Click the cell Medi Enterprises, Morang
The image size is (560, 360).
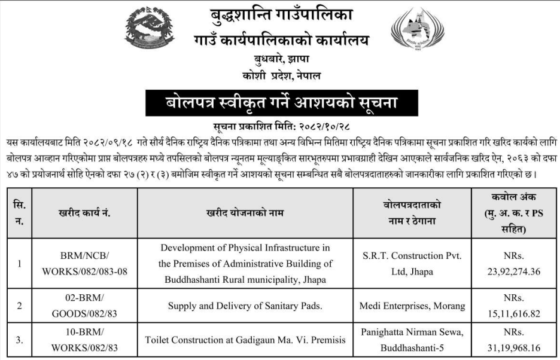coord(412,306)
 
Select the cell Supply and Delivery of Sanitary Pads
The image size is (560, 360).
coord(245,306)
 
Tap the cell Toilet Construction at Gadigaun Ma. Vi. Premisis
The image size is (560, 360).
coord(245,340)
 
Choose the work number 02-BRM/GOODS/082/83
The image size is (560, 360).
coord(77,306)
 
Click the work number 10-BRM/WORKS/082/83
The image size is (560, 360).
coord(77,340)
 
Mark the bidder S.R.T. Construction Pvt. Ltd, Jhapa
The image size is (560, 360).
coord(412,263)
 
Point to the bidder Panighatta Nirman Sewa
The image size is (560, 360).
coord(412,332)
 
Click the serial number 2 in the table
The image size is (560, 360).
coord(19,306)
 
